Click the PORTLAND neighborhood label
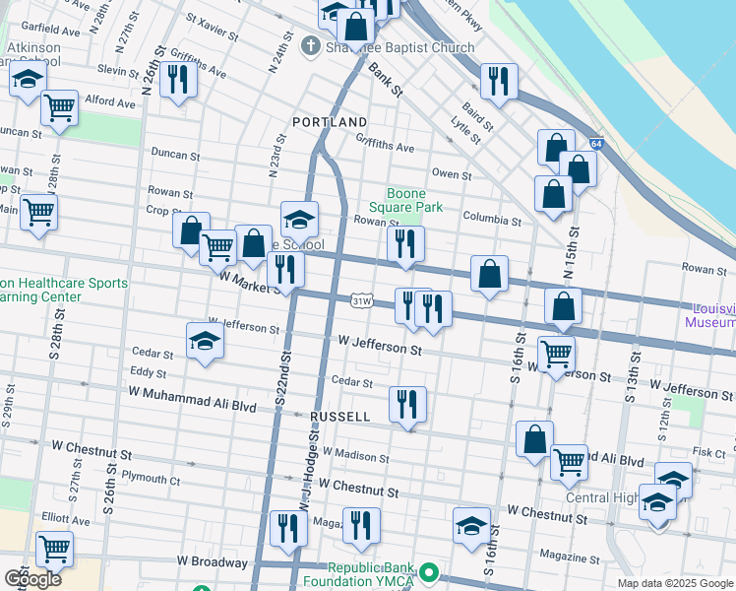pyautogui.click(x=330, y=122)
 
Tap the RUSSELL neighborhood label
pyautogui.click(x=339, y=417)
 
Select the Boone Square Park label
pyautogui.click(x=405, y=201)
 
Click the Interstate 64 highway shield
pyautogui.click(x=596, y=144)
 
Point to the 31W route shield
pyautogui.click(x=361, y=299)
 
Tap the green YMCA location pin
pyautogui.click(x=428, y=572)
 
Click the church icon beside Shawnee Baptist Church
pyautogui.click(x=310, y=46)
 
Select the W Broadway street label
pyautogui.click(x=213, y=560)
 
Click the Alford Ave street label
pyautogui.click(x=109, y=100)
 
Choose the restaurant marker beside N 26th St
pyautogui.click(x=178, y=80)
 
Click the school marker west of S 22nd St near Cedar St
pyautogui.click(x=205, y=341)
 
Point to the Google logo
pyautogui.click(x=32, y=579)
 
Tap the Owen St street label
pyautogui.click(x=452, y=174)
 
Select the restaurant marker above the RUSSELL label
pyautogui.click(x=407, y=403)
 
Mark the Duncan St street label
pyautogui.click(x=175, y=155)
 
